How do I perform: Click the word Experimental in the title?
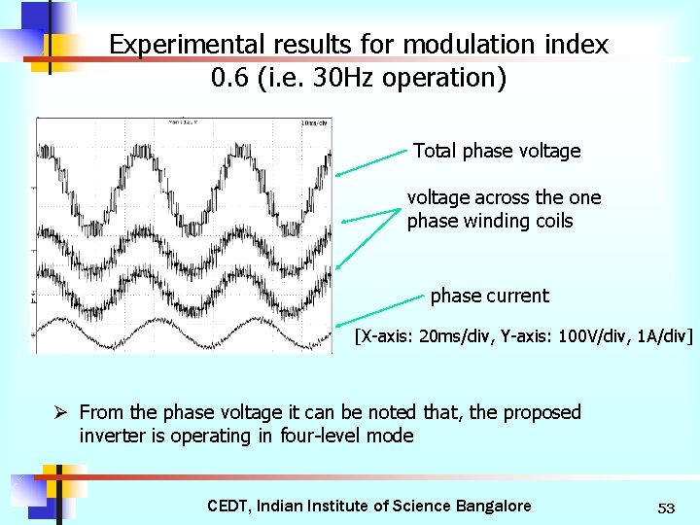pyautogui.click(x=172, y=45)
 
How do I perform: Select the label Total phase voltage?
pyautogui.click(x=497, y=151)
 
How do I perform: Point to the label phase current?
pyautogui.click(x=489, y=296)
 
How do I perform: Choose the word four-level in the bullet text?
pyautogui.click(x=318, y=436)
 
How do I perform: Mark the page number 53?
pyautogui.click(x=666, y=507)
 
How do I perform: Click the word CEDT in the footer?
pyautogui.click(x=228, y=506)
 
